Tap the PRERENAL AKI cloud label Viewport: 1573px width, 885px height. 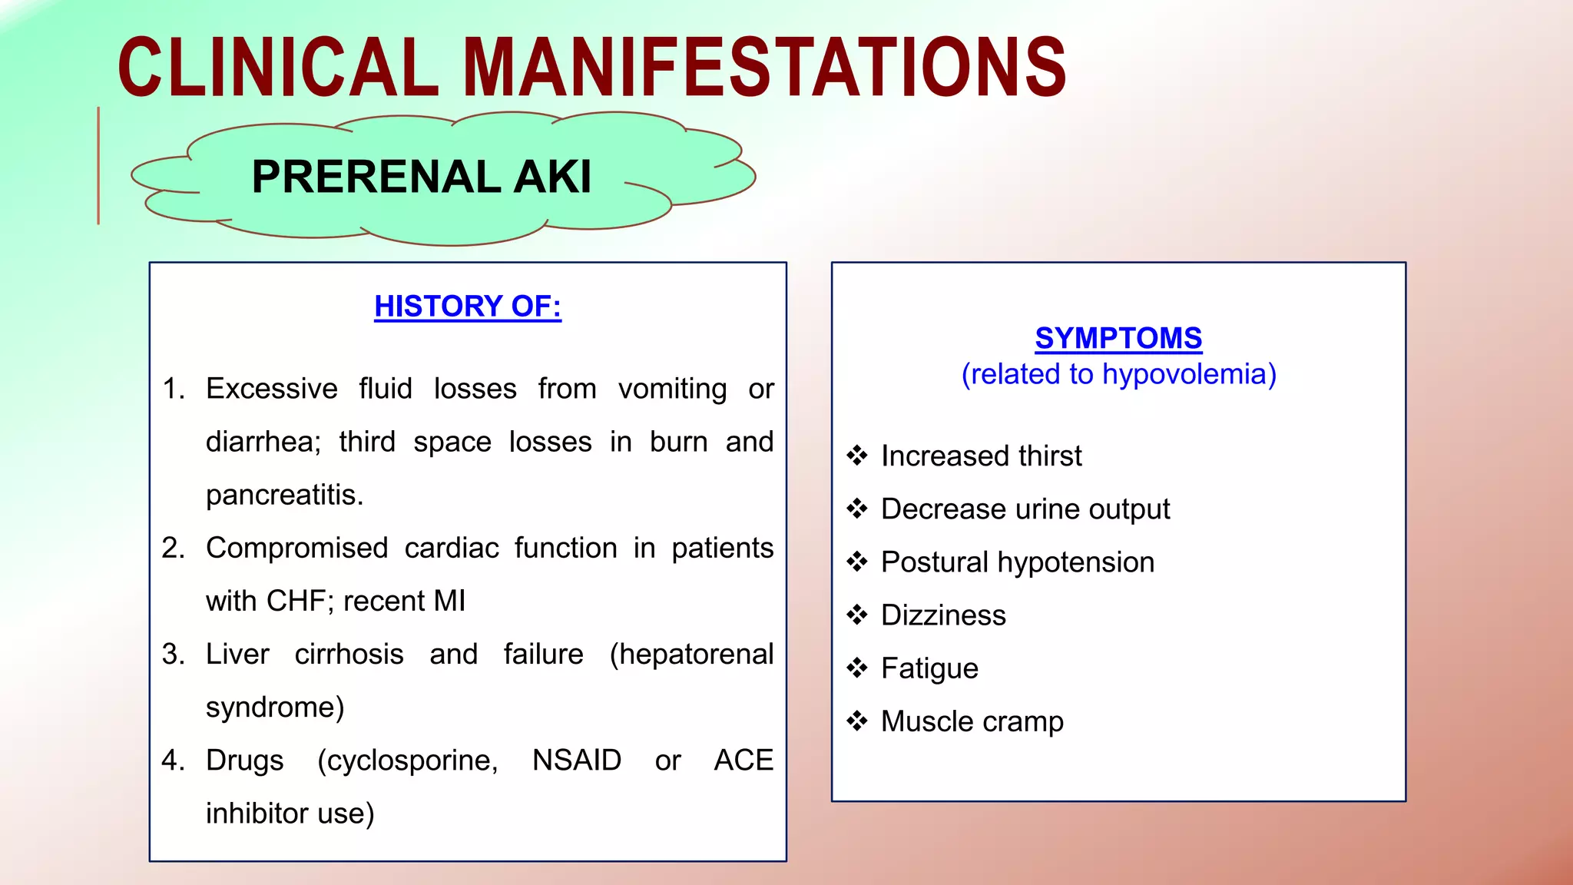coord(422,177)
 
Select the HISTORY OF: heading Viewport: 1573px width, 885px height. coord(468,307)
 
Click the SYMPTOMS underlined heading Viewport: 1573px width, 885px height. coord(1118,338)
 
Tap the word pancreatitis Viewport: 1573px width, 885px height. coord(283,495)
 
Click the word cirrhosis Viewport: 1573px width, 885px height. coord(349,655)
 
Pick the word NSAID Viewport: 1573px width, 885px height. coord(577,761)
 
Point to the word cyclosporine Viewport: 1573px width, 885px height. coord(407,761)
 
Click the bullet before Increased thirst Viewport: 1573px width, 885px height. coord(857,456)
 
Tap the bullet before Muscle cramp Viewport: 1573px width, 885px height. coord(857,721)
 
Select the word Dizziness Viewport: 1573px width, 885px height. coord(943,615)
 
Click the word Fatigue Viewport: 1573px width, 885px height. coord(929,669)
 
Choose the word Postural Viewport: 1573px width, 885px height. coord(934,562)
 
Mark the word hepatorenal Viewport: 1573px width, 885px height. coord(692,655)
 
